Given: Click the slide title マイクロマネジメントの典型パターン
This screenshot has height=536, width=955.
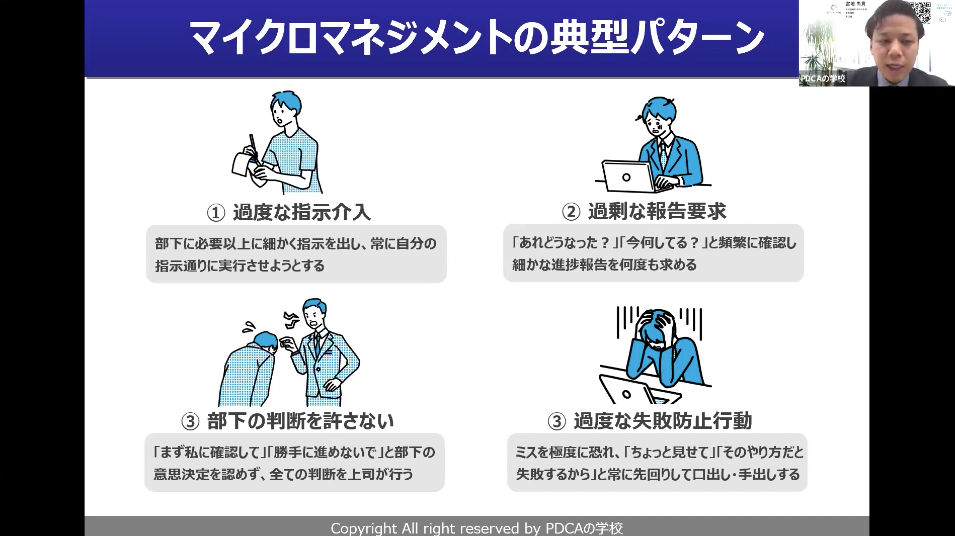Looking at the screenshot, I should pos(477,38).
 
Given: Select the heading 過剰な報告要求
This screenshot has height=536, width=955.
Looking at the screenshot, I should pos(657,211).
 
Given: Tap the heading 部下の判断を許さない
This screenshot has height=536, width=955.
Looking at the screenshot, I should pos(299,420).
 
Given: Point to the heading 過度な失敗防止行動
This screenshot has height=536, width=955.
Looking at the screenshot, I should pos(663,420).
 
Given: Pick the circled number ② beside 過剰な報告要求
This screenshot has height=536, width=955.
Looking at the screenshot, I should pos(570,211).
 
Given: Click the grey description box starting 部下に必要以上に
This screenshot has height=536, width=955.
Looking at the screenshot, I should pos(296,254).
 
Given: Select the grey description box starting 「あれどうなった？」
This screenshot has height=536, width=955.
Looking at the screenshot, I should pos(654,253).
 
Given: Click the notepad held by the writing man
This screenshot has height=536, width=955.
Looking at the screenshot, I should pos(243,160).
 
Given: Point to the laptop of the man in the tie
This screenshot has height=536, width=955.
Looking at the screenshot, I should pos(625,177).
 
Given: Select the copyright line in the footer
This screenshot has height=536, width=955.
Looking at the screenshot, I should pos(476,527).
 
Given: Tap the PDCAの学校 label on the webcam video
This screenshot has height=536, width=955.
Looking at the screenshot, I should pos(822,78).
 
